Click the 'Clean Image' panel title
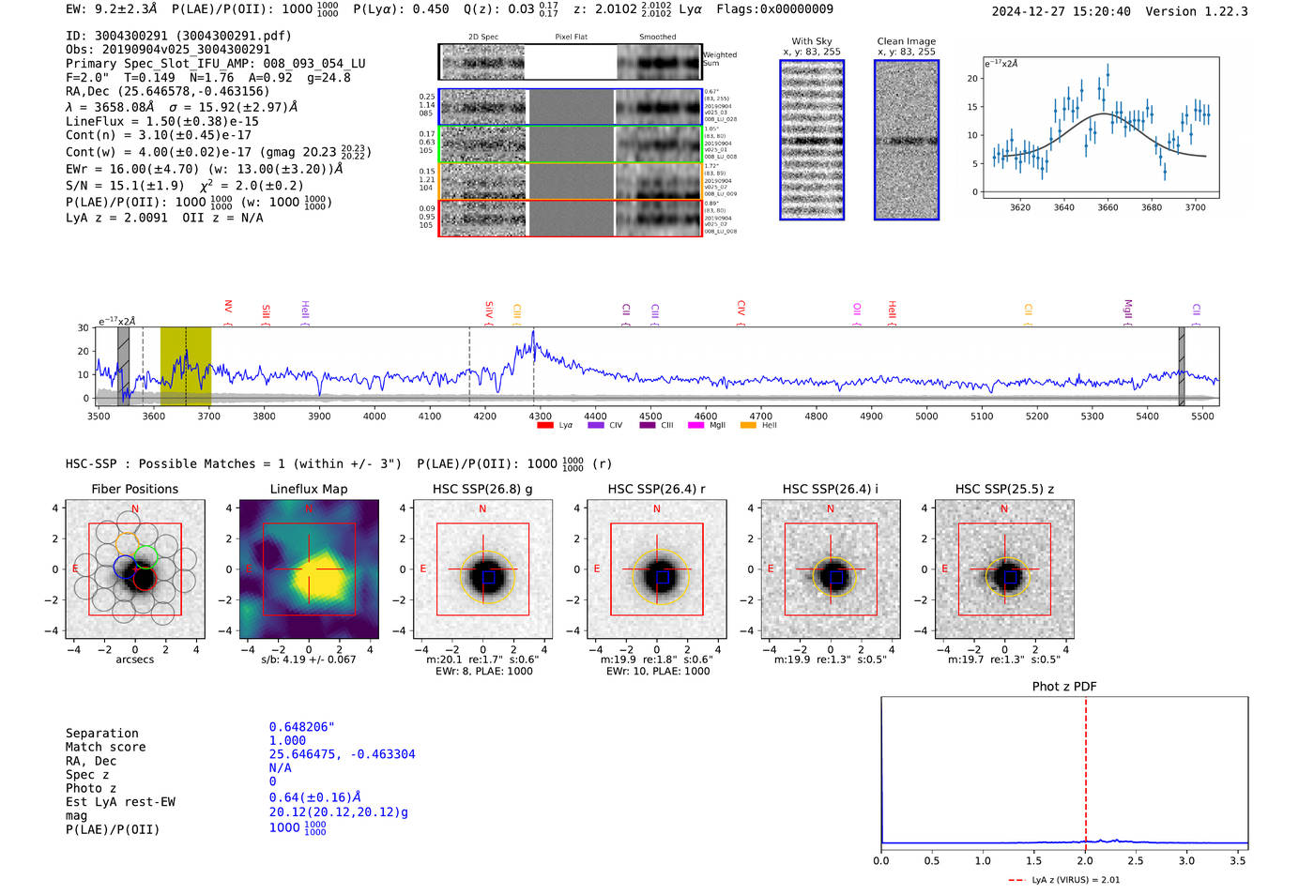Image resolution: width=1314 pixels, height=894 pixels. pyautogui.click(x=906, y=41)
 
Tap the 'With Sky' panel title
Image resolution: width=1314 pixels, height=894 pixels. pyautogui.click(x=811, y=41)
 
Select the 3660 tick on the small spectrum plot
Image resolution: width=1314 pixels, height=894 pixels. pyautogui.click(x=1108, y=207)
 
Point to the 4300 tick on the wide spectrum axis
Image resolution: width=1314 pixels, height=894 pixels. pyautogui.click(x=540, y=416)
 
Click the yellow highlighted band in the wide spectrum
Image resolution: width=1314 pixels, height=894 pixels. pyautogui.click(x=185, y=366)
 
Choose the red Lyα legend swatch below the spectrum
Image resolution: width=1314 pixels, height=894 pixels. pyautogui.click(x=545, y=426)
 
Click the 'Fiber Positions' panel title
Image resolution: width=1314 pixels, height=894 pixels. pyautogui.click(x=134, y=489)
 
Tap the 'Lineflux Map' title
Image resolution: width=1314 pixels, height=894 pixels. pyautogui.click(x=308, y=489)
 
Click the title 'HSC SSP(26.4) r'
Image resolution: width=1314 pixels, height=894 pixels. pyautogui.click(x=656, y=489)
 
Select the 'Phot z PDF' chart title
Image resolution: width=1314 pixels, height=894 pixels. pyautogui.click(x=1063, y=687)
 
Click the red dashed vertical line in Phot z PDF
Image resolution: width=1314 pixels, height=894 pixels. pyautogui.click(x=1086, y=769)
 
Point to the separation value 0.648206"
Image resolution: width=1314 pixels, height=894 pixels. pyautogui.click(x=301, y=727)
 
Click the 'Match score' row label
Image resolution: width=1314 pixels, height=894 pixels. pyautogui.click(x=105, y=747)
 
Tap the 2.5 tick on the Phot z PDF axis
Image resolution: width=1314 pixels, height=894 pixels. pyautogui.click(x=1136, y=860)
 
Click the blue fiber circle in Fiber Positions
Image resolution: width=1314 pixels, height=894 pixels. pyautogui.click(x=125, y=567)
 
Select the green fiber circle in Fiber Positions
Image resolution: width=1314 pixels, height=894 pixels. pyautogui.click(x=145, y=554)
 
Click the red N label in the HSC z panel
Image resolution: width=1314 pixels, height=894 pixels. pyautogui.click(x=1004, y=509)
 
